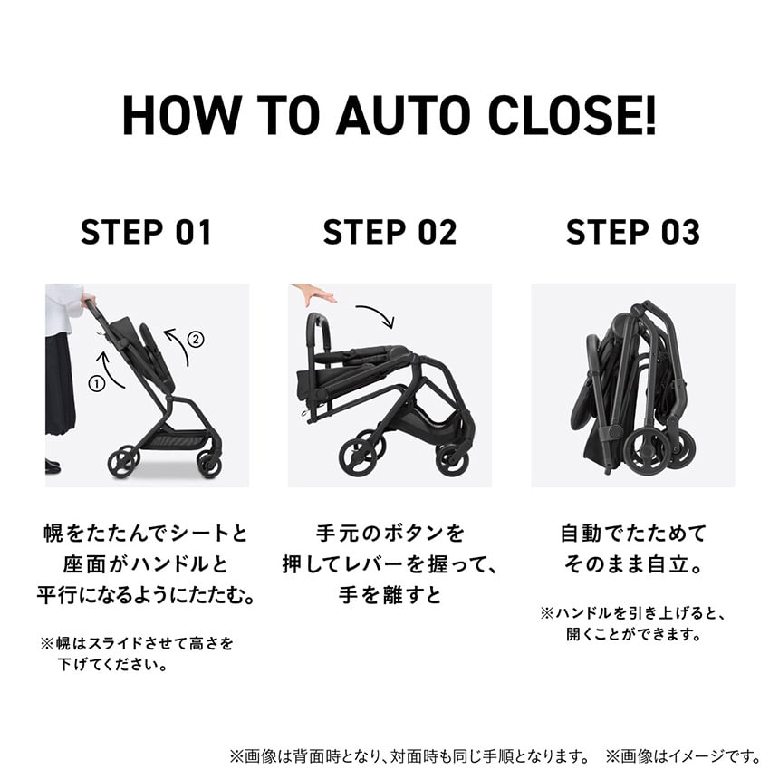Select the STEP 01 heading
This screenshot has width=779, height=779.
tap(146, 233)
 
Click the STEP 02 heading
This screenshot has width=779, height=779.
tap(389, 233)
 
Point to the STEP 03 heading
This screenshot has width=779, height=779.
tap(632, 233)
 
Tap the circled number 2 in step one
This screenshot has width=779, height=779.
tap(196, 341)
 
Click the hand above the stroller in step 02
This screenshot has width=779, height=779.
tap(313, 294)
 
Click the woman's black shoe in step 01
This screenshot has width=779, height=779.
tap(53, 466)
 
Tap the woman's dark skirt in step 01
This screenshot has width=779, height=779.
tap(60, 380)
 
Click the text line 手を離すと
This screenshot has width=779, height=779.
tap(389, 597)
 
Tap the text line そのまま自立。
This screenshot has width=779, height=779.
tap(632, 564)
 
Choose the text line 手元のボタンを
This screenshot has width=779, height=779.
tap(389, 533)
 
